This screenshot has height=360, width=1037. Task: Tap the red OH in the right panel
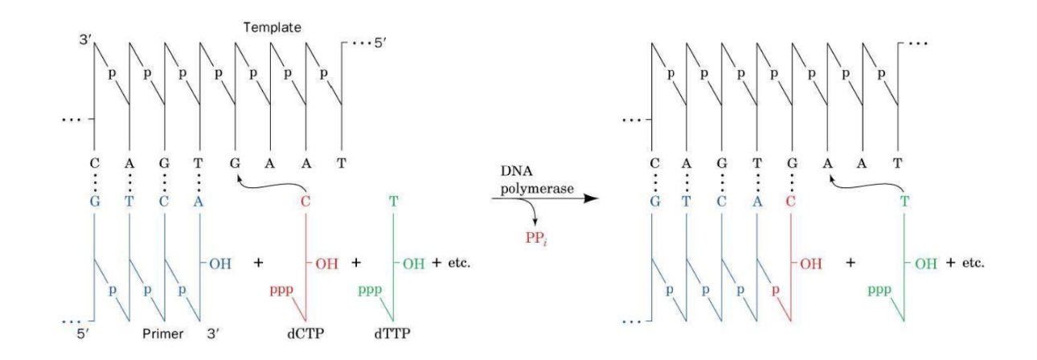812,262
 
